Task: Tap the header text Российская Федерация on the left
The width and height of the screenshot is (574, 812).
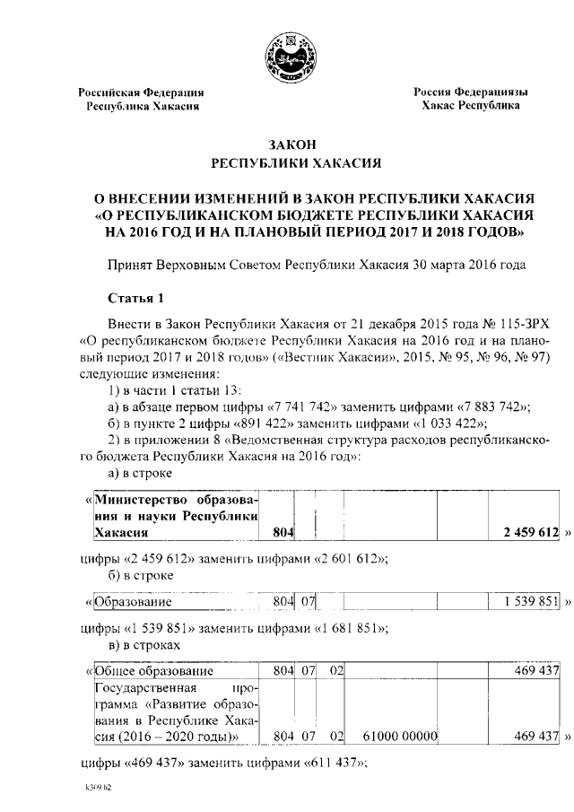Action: (x=141, y=92)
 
